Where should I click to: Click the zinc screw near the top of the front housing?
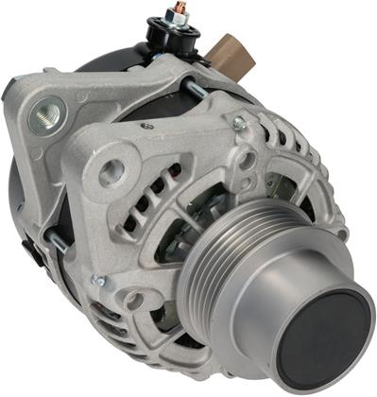point(239,124)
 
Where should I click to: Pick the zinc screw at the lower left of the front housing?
point(98,281)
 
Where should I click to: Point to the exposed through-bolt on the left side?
point(59,243)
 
